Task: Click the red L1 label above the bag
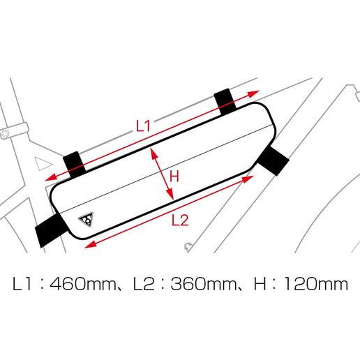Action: (143, 126)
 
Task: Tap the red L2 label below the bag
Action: (180, 220)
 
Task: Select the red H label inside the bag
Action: (174, 176)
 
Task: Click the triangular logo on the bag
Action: (86, 219)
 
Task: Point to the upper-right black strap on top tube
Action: (225, 102)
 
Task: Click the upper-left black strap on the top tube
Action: (74, 165)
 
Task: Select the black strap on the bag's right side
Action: (273, 160)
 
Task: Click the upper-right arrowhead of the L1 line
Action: (253, 93)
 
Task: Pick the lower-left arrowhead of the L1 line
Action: (52, 177)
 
